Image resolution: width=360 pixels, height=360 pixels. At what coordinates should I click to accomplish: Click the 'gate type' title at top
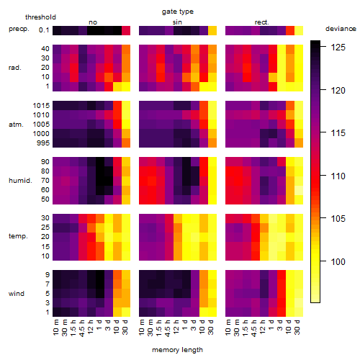178,12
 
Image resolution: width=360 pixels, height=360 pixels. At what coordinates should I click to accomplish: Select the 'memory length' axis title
177,350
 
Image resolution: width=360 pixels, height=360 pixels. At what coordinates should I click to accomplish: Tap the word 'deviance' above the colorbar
341,29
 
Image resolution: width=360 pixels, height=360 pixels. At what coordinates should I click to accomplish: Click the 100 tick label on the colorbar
338,261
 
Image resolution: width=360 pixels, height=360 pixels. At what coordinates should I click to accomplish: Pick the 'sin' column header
177,22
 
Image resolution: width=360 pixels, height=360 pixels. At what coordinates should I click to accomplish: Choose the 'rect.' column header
262,22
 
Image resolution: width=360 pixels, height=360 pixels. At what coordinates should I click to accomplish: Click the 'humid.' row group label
20,181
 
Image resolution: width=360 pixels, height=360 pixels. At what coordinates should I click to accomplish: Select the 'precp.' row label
19,29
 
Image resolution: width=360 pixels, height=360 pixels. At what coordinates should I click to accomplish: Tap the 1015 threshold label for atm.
41,106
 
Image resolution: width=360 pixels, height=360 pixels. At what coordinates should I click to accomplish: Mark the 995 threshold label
43,143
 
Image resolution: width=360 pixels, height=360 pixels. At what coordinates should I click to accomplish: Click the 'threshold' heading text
40,17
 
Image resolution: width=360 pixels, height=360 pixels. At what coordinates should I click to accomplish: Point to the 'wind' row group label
17,294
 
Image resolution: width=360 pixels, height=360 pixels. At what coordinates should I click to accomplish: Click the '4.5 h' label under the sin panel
167,328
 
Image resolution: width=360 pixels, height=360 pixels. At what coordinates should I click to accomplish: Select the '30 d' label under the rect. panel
297,327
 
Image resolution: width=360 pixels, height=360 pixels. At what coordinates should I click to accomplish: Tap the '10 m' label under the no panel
55,327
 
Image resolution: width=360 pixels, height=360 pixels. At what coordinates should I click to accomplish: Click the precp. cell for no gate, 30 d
126,30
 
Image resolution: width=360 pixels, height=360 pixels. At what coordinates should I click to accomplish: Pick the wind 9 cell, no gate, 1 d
100,275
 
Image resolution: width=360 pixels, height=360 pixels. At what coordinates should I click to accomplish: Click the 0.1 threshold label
44,30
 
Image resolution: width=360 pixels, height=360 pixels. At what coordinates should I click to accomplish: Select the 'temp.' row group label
18,236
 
